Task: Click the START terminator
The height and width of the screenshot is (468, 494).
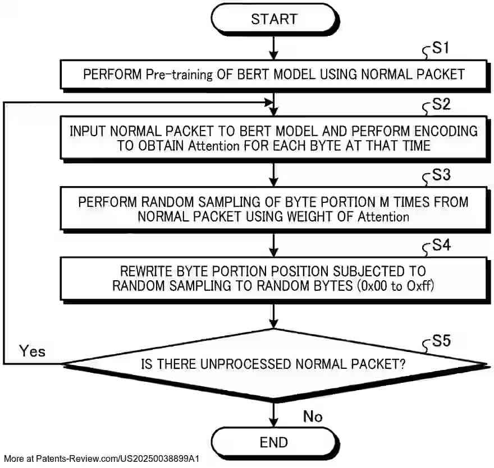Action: click(273, 20)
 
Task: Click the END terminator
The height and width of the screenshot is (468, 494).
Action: click(273, 442)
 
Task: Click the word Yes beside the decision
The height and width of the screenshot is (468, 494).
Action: click(32, 351)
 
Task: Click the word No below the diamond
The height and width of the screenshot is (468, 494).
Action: click(313, 416)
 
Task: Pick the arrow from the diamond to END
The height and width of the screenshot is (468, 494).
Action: click(273, 414)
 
